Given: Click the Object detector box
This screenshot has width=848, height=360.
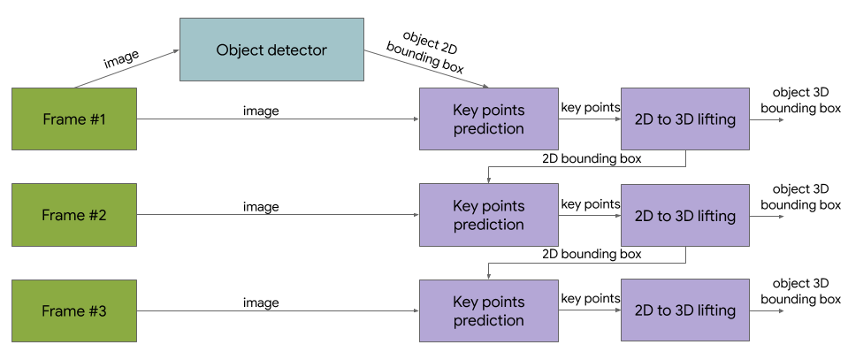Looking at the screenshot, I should coord(271,50).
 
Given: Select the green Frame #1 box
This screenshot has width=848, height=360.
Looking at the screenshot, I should coord(74,119).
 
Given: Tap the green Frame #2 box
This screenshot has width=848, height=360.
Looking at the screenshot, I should coord(74,215).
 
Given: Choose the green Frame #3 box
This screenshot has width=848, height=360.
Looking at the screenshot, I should coord(74,310).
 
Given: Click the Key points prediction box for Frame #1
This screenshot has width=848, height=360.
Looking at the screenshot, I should coord(488,119).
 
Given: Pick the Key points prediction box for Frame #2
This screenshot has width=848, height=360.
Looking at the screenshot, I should coord(488,215).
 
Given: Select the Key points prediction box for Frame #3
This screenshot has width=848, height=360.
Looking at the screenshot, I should coord(488,310).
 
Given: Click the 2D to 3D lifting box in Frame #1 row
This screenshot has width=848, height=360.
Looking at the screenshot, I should coord(685,119).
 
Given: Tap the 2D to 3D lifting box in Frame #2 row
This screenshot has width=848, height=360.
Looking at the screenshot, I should coord(685,215).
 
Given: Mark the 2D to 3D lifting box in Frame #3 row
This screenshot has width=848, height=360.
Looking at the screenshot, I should coord(685,310).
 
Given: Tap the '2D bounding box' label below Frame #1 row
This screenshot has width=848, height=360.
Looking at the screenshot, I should coord(591,158).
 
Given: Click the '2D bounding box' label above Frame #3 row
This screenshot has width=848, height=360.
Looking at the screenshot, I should coord(591,254).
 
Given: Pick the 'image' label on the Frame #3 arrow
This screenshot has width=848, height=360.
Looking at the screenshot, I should coord(261,303).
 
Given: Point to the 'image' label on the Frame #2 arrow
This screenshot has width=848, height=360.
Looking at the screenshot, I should coord(261,207).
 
